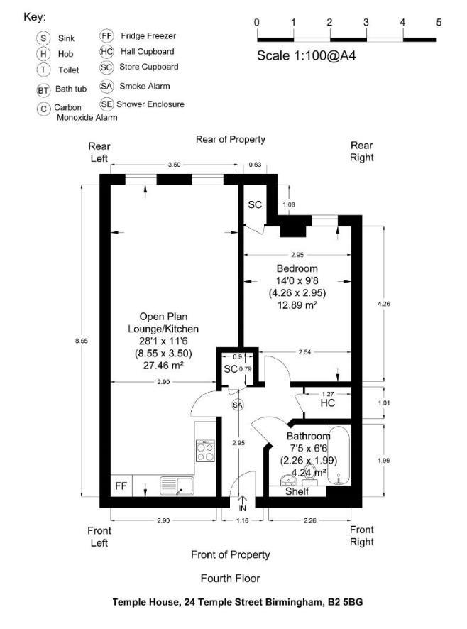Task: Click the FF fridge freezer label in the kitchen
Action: (121, 487)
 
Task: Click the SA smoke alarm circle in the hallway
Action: (237, 405)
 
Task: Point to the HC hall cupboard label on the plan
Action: (327, 403)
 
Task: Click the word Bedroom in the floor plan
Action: (297, 268)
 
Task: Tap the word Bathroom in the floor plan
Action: (308, 436)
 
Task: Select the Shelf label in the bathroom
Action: (297, 491)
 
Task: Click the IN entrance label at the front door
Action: (242, 509)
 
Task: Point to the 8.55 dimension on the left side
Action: (82, 341)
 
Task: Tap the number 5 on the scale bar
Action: (439, 22)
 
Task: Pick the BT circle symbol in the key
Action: (44, 90)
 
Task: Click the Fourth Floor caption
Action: (230, 578)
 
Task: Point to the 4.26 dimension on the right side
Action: (384, 304)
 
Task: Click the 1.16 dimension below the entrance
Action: (242, 522)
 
